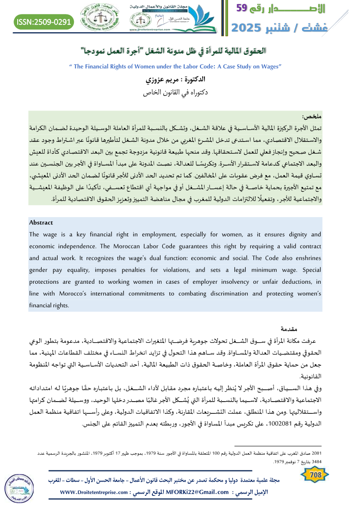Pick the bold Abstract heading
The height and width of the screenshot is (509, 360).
click(x=41, y=223)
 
